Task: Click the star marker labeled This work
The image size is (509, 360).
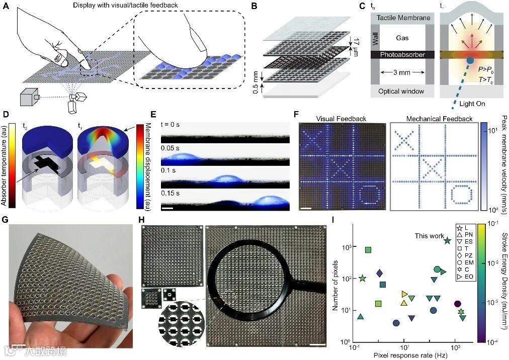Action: (x=447, y=241)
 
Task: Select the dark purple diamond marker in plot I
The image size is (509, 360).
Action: (x=380, y=273)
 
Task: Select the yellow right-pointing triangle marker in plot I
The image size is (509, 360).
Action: (x=404, y=294)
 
